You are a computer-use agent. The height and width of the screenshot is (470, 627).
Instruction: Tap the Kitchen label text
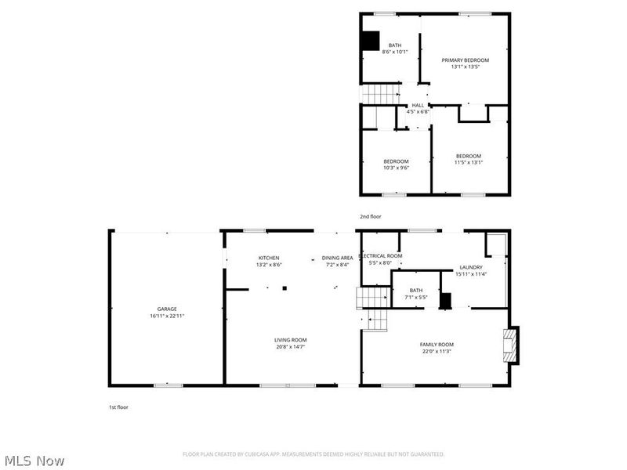coord(269,258)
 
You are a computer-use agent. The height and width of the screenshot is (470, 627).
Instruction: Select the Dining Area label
coord(337,258)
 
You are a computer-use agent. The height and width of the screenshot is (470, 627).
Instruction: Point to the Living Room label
coord(289,340)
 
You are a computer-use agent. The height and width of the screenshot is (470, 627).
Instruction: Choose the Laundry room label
coord(470,267)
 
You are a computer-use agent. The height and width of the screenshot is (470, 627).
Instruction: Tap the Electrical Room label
coord(380,256)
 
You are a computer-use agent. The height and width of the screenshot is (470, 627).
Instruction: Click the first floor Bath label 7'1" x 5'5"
coord(415,290)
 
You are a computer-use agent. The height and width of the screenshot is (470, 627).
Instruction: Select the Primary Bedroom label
coord(465,60)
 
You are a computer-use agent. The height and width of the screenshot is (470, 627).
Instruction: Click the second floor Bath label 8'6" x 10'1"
coord(394,45)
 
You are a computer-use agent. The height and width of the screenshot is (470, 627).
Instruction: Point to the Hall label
coord(418,106)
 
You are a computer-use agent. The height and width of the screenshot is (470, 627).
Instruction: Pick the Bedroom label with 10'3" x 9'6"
coord(396,161)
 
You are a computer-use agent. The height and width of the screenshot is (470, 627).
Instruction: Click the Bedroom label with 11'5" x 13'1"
coord(469,156)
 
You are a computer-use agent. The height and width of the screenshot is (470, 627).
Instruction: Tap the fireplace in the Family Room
coord(510,345)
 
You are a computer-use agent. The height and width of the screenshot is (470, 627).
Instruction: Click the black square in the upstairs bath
coord(369,41)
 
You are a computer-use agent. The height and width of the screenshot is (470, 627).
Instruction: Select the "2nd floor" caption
coord(370,215)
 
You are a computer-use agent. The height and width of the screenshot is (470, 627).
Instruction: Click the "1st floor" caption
coord(118,407)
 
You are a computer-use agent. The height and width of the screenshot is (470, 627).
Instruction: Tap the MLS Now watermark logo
coord(35,461)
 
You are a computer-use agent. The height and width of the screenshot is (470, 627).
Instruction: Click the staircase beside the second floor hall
coord(381,94)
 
